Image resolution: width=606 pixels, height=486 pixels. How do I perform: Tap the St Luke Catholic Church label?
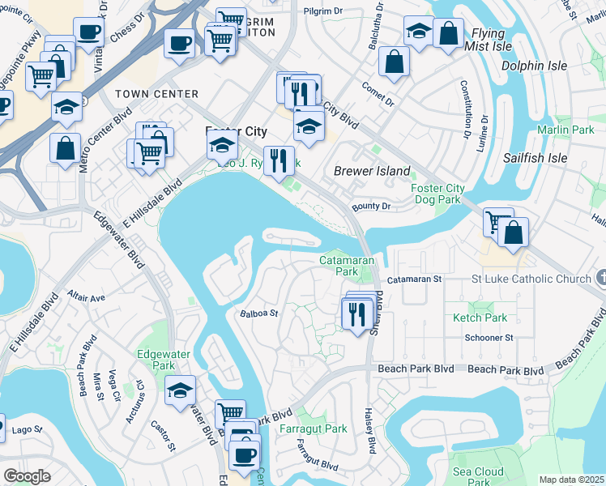[531, 279]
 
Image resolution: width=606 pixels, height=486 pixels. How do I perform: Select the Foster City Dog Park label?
[437, 194]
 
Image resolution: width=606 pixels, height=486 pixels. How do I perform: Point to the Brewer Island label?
[372, 171]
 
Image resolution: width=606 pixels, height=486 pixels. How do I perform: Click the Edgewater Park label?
[156, 360]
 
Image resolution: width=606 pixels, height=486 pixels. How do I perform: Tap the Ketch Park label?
[480, 318]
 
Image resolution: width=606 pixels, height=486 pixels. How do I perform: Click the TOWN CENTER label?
[156, 94]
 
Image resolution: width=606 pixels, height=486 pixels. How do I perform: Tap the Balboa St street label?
[258, 313]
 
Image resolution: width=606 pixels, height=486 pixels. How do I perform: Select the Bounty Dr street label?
[372, 207]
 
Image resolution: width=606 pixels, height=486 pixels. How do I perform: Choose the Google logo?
[27, 476]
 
